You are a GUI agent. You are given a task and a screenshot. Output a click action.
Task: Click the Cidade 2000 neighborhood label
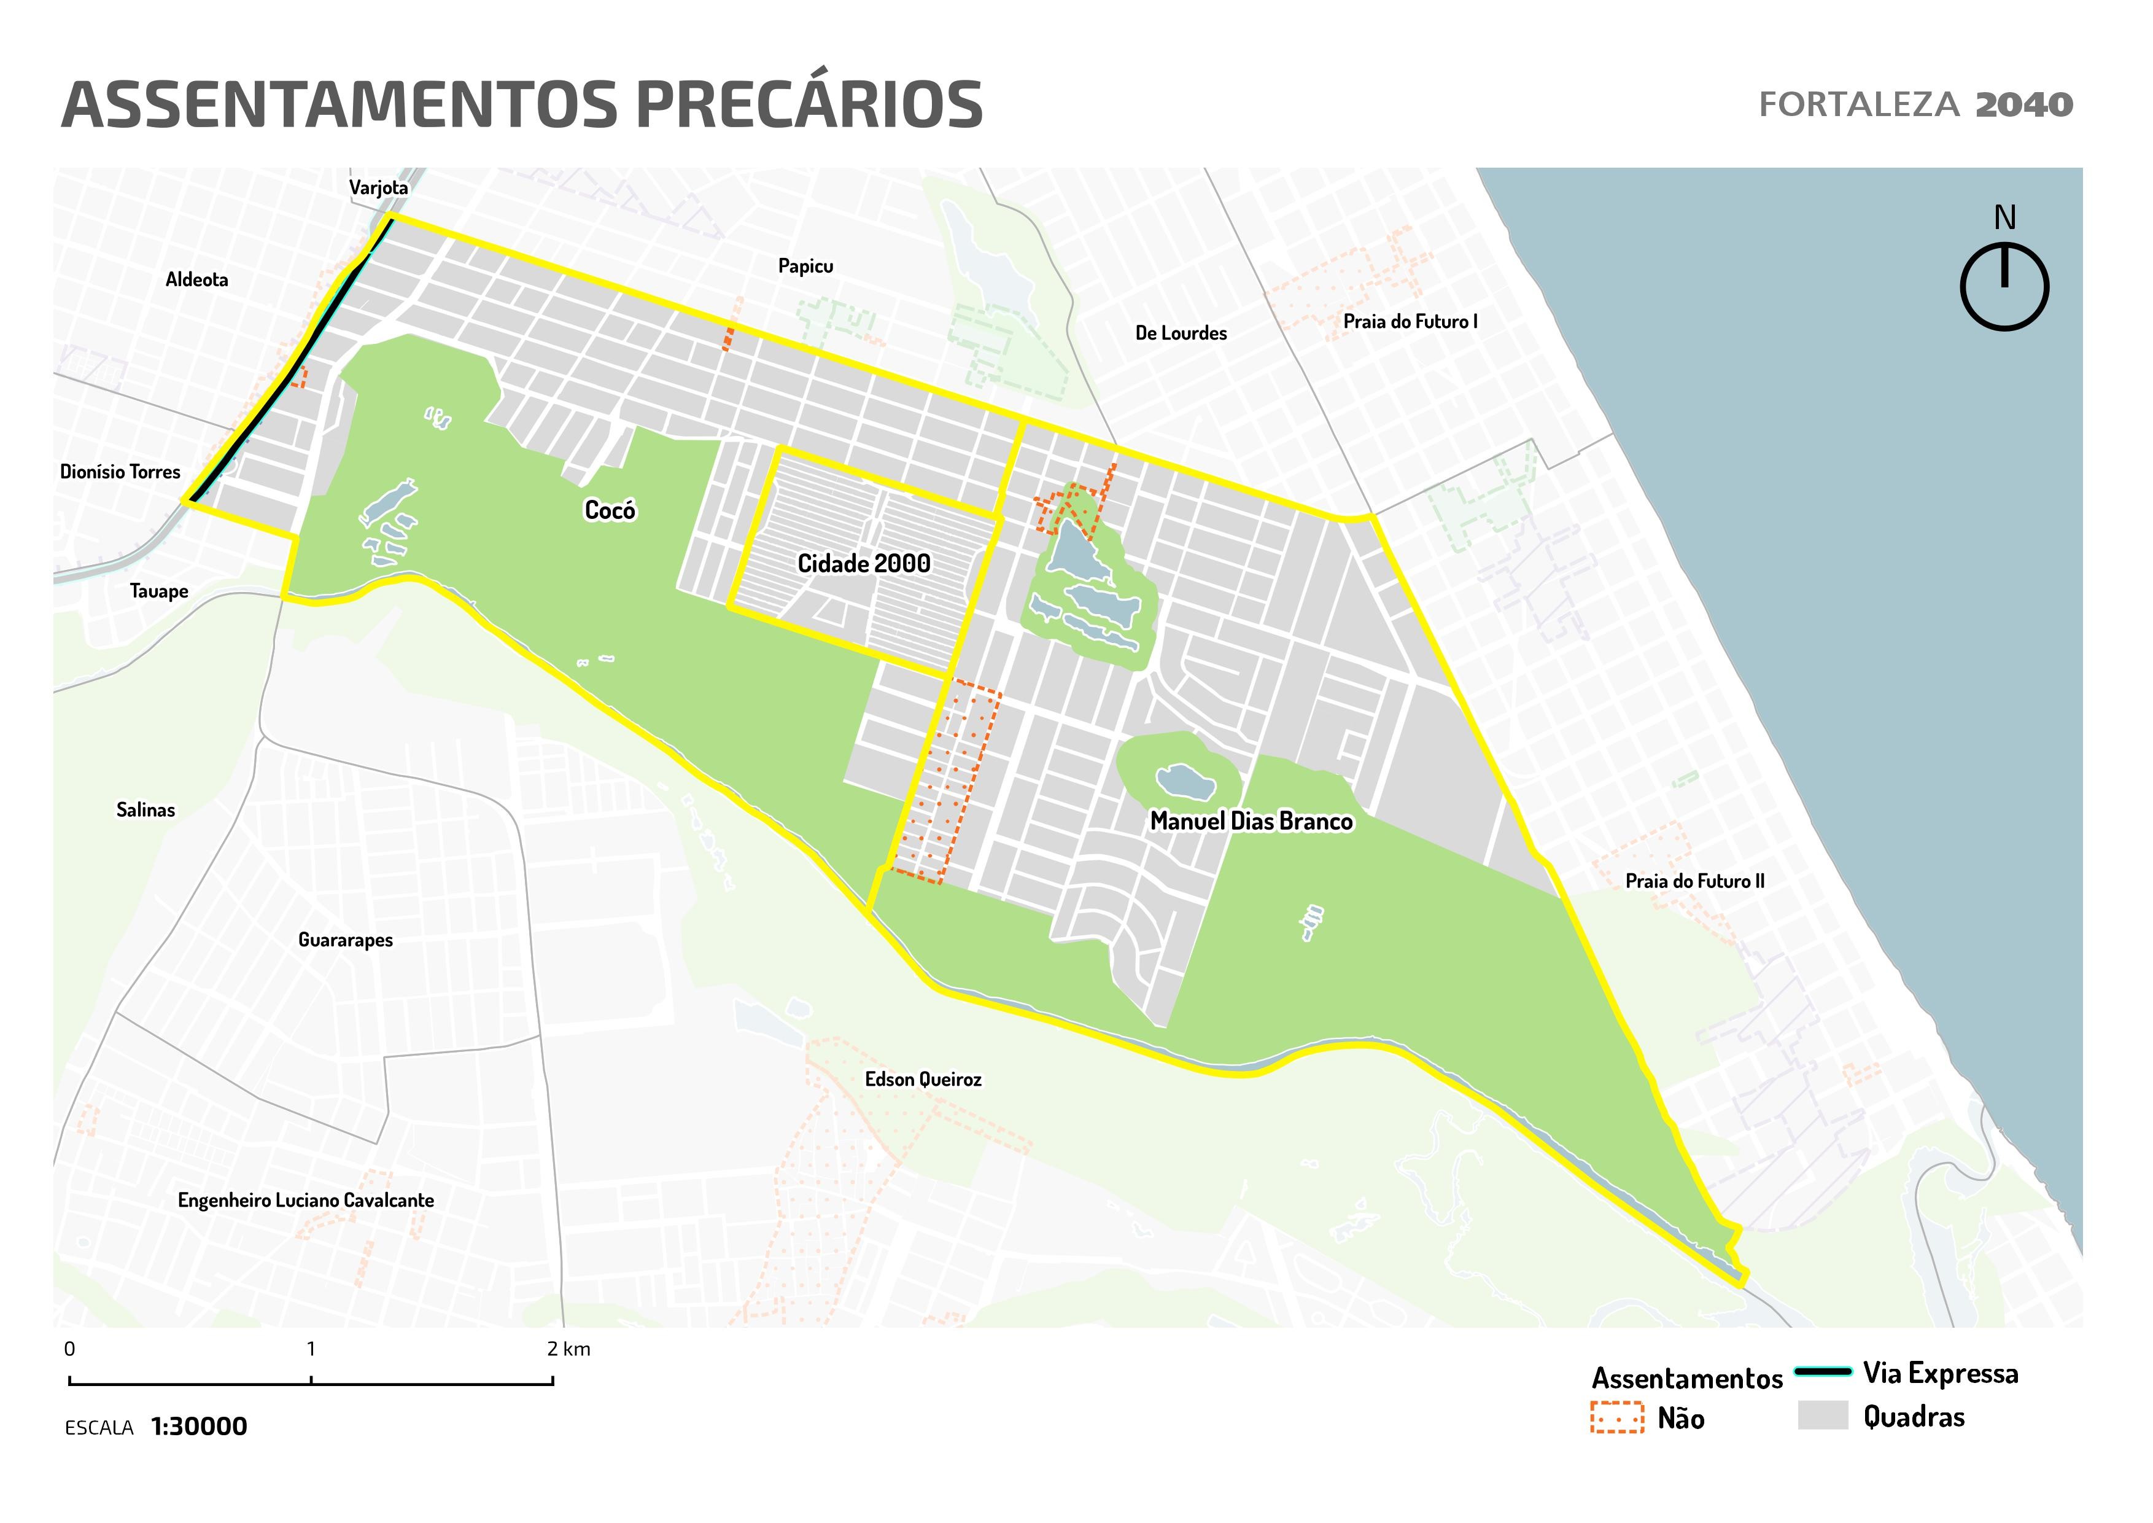point(864,564)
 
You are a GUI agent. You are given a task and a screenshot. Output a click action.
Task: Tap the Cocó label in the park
point(610,510)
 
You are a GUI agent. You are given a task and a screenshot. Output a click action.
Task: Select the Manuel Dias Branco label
point(1251,822)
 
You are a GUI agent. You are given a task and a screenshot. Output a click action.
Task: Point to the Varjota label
point(379,187)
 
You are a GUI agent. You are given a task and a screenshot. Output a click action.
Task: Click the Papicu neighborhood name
point(805,267)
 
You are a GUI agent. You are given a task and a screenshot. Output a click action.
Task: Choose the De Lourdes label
point(1181,333)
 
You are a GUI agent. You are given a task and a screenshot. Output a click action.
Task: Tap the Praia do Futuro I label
point(1410,322)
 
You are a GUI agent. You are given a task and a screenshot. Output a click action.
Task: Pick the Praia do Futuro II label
point(1694,881)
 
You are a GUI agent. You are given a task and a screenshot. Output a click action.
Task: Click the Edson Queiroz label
point(923,1080)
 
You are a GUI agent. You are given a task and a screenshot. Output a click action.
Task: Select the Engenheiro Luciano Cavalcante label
point(306,1201)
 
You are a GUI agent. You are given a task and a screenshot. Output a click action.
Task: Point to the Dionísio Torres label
point(120,472)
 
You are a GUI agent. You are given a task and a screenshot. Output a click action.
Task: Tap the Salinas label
point(145,810)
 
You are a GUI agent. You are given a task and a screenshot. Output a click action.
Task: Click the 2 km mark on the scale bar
point(553,1381)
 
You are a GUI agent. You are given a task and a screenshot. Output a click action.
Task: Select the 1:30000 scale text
point(199,1427)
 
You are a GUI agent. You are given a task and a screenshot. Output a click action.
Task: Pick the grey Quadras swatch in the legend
point(1822,1415)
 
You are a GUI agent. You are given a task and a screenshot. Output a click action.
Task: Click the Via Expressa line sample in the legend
point(1822,1372)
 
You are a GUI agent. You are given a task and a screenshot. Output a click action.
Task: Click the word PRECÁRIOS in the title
point(809,105)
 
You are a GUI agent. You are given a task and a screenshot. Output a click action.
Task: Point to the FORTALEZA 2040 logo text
point(1915,105)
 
